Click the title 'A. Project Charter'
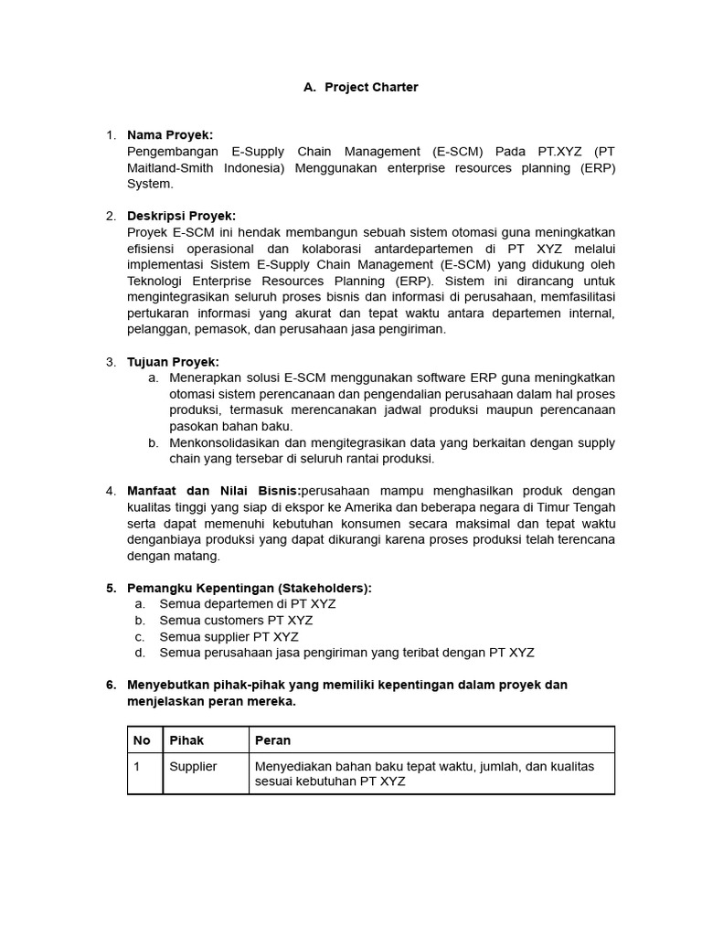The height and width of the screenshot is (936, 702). coord(360,87)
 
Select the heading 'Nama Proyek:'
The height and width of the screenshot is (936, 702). coord(169,135)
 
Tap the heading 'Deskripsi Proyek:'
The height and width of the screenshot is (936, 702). coord(181,216)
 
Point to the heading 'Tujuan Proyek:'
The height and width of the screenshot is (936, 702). coord(173,362)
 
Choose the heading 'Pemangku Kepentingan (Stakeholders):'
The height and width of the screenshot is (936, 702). coord(250,588)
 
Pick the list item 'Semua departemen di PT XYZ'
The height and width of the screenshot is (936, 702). coord(247,604)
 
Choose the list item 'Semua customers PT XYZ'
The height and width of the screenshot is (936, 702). coord(236,621)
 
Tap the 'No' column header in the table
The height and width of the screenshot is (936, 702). coord(143,739)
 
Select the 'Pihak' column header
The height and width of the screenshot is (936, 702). coord(186,739)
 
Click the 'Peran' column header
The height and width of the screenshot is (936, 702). coord(272,739)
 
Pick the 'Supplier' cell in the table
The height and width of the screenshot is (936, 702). coord(193,766)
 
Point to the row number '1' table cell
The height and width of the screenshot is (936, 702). coord(137,766)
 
